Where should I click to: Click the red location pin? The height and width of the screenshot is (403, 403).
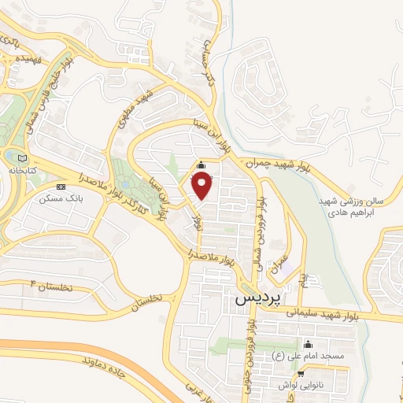coord(202,185)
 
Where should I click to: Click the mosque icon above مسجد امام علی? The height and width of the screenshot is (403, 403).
coord(307,344)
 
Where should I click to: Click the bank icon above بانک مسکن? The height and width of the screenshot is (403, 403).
coord(61,186)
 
